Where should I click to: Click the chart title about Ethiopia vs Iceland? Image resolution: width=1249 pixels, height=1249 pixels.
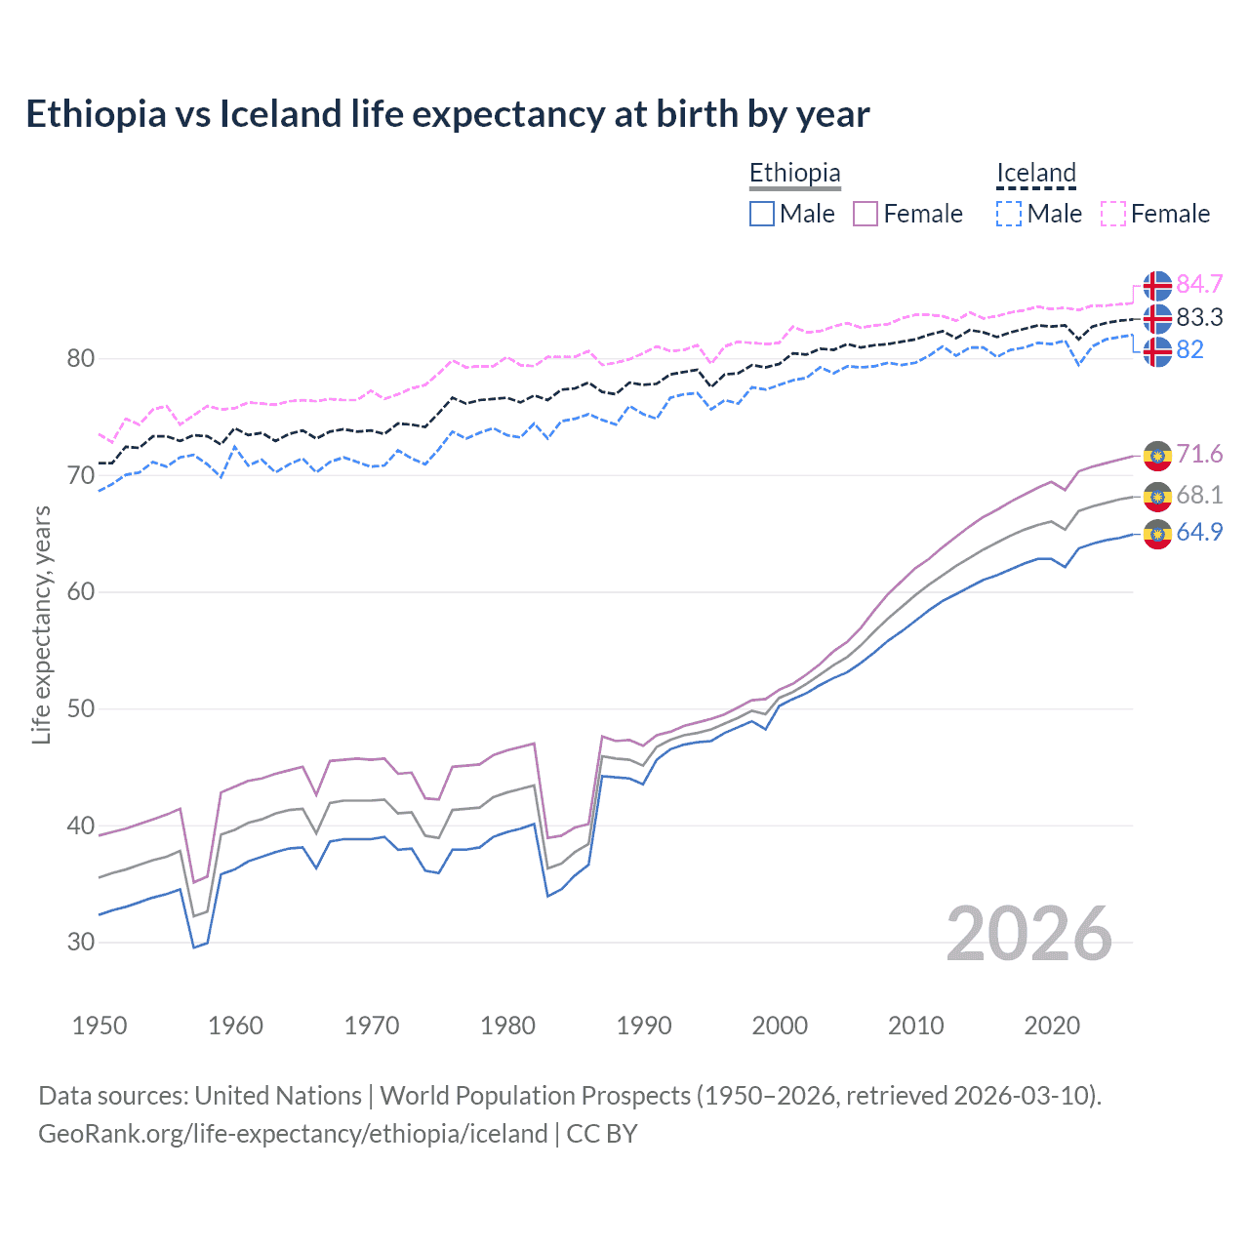tap(447, 114)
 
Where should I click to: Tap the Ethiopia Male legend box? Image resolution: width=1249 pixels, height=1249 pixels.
tap(762, 214)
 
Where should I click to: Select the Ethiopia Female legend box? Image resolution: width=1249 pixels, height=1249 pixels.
tap(866, 214)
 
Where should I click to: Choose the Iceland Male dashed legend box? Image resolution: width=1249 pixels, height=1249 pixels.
tap(1009, 214)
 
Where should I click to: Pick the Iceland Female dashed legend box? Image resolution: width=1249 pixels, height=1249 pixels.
tap(1113, 214)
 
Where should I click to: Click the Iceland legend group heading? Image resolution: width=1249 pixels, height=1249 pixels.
tap(1035, 173)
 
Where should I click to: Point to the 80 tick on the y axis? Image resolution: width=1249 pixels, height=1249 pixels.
tap(81, 358)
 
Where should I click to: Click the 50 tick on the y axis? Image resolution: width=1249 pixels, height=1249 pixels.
tap(81, 708)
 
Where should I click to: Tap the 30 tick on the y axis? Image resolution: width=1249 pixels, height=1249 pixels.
tap(81, 942)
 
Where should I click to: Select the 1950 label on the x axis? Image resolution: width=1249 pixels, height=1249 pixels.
tap(100, 1026)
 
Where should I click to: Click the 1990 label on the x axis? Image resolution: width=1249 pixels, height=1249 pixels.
tap(644, 1026)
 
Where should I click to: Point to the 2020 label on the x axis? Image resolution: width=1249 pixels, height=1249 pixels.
tap(1052, 1026)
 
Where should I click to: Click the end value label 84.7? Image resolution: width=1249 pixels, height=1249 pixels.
tap(1199, 284)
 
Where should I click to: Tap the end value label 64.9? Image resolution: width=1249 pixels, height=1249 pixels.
tap(1199, 532)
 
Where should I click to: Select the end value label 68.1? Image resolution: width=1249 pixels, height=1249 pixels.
tap(1199, 495)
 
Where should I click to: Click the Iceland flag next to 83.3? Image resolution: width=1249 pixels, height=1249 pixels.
tap(1157, 318)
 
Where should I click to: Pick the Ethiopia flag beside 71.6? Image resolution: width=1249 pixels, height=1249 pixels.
tap(1157, 456)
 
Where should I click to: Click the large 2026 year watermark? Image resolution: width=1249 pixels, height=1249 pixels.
tap(1029, 934)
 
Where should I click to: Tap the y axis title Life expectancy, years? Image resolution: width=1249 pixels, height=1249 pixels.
tap(42, 624)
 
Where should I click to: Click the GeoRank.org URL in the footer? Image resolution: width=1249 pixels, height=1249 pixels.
tap(293, 1134)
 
